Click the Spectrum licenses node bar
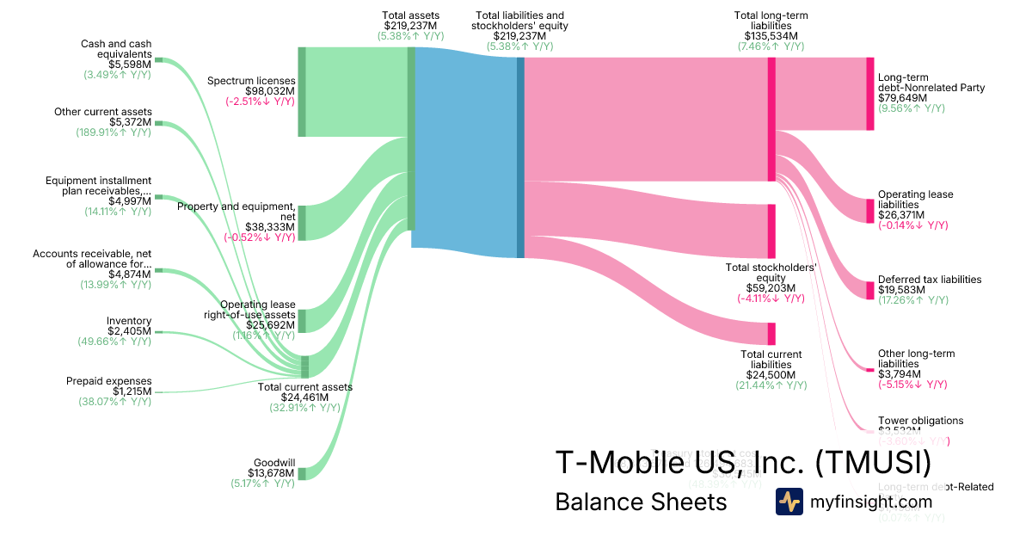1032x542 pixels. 302,91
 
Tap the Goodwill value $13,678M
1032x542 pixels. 273,473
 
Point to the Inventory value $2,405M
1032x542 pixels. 129,331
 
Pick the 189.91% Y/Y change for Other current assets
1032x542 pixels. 114,132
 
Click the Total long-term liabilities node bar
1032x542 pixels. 771,119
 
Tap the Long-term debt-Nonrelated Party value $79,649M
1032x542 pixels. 902,98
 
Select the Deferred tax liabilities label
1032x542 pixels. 929,280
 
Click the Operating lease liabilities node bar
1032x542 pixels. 869,211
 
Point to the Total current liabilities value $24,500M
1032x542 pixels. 771,375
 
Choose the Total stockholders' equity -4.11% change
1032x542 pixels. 771,299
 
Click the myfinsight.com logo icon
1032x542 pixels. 789,502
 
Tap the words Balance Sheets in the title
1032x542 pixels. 641,502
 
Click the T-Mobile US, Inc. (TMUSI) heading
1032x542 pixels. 743,462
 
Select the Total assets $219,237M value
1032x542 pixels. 412,26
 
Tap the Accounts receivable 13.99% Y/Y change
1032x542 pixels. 115,285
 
